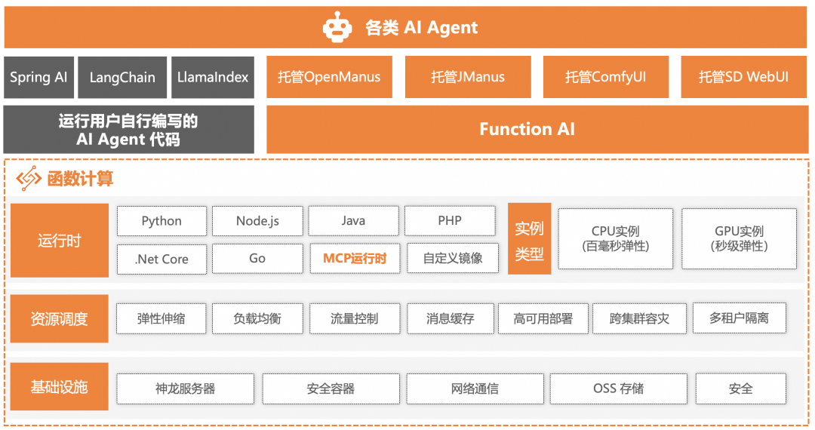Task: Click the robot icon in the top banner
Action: pos(337,28)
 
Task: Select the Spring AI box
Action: pos(38,77)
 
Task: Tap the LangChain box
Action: pos(122,77)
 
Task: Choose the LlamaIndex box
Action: pos(213,77)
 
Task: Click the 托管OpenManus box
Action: pos(329,77)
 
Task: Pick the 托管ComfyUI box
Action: pos(605,77)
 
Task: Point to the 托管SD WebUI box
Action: pos(743,77)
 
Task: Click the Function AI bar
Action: pos(527,129)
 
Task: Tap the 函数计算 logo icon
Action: pos(29,179)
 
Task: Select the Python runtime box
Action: pos(161,221)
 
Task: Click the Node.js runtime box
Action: pos(257,221)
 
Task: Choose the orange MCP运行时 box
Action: pos(355,258)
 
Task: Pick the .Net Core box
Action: pos(161,258)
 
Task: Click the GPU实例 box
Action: pos(739,238)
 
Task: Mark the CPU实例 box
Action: pos(615,238)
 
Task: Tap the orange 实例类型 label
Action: pos(529,239)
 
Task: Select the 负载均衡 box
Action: pos(257,318)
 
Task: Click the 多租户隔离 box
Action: pos(739,318)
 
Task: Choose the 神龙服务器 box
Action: pos(185,389)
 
